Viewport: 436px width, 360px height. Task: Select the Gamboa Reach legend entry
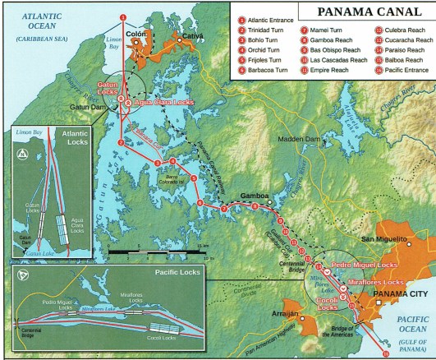[330, 40]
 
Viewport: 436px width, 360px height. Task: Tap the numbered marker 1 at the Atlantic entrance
[123, 16]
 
